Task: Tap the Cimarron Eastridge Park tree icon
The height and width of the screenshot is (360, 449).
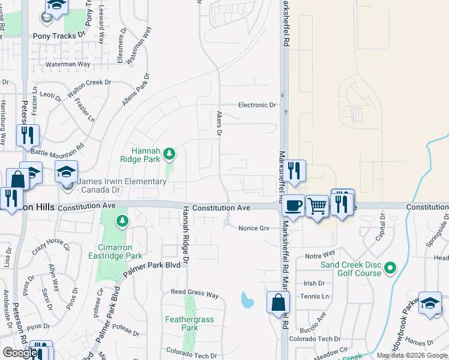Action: pos(122,222)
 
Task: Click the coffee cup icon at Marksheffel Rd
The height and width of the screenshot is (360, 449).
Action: pos(293,205)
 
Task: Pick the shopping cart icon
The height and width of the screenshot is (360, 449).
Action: pos(318,206)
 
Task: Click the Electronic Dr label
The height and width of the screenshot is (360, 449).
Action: pos(257,105)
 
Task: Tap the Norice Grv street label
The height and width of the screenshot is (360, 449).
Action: pos(254,228)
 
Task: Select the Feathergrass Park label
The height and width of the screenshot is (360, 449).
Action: pos(190,324)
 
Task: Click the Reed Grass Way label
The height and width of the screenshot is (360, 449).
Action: pos(195,295)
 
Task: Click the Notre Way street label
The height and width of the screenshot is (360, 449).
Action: pos(320,256)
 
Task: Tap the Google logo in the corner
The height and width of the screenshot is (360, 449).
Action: pos(19,353)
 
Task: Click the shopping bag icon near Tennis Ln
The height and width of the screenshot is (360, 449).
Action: pos(279,303)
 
